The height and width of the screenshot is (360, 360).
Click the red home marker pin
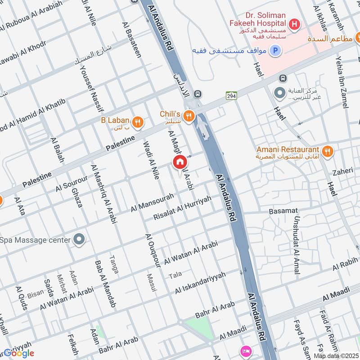pyautogui.click(x=180, y=162)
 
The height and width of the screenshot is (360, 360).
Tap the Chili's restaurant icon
pyautogui.click(x=189, y=116)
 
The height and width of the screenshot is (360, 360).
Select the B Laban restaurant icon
pyautogui.click(x=138, y=121)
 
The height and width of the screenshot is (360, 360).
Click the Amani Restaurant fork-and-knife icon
pyautogui.click(x=327, y=151)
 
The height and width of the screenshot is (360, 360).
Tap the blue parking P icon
pyautogui.click(x=275, y=51)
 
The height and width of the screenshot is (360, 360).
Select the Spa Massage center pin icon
pyautogui.click(x=79, y=239)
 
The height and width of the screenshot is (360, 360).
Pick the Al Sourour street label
pyautogui.click(x=72, y=183)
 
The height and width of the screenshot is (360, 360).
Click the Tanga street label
pyautogui.click(x=114, y=265)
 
